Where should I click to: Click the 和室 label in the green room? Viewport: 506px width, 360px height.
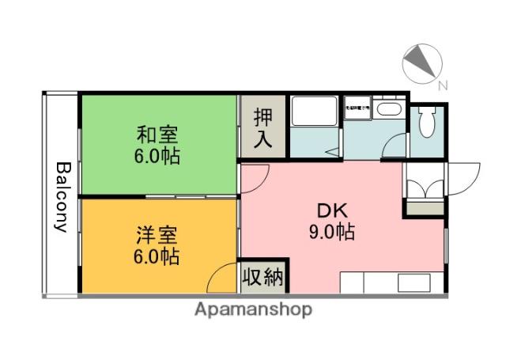156,134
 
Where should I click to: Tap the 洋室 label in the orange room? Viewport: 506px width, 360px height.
156,236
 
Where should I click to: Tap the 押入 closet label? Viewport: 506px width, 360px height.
263,129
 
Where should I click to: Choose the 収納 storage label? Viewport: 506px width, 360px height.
263,278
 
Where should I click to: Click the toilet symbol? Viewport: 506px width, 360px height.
428,122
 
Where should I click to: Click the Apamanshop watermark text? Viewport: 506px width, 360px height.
253,309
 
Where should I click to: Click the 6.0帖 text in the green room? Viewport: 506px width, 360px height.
156,155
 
